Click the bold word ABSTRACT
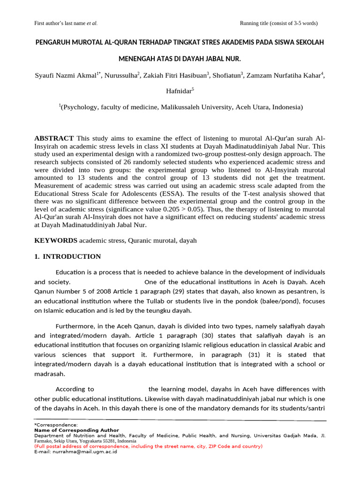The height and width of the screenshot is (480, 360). click(x=54, y=138)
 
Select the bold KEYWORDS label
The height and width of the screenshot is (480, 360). click(x=56, y=240)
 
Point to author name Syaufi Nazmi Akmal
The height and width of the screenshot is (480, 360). click(x=65, y=75)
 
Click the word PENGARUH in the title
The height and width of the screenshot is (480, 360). click(x=56, y=43)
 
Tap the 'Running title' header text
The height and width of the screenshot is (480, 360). click(x=279, y=23)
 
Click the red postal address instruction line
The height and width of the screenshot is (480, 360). click(x=149, y=446)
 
